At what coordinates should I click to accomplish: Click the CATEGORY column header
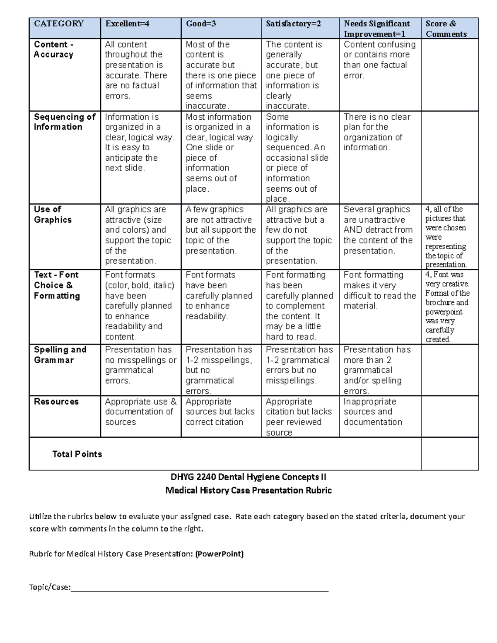coord(58,24)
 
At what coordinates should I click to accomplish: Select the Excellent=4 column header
coord(127,24)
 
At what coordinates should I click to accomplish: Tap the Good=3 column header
coord(201,24)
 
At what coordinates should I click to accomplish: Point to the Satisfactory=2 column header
coord(293,24)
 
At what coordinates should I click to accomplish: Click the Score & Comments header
coord(446,29)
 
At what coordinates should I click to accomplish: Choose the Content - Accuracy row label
coord(53,49)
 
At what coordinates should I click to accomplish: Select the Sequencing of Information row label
coord(64,122)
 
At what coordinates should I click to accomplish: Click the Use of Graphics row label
coord(53,214)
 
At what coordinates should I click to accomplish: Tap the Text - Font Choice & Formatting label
coord(57,285)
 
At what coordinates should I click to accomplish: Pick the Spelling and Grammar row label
coord(60,354)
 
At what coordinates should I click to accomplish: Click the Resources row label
coord(56,401)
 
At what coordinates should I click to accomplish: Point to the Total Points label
coord(77,454)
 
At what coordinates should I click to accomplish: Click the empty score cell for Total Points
coord(449,453)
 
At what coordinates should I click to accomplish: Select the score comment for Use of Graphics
coord(446,237)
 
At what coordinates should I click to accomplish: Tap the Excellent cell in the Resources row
coord(140,412)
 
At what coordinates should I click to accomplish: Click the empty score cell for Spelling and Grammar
coord(449,370)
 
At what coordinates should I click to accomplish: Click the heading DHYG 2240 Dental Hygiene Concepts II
coord(248,477)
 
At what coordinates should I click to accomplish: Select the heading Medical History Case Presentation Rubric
coord(248,490)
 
